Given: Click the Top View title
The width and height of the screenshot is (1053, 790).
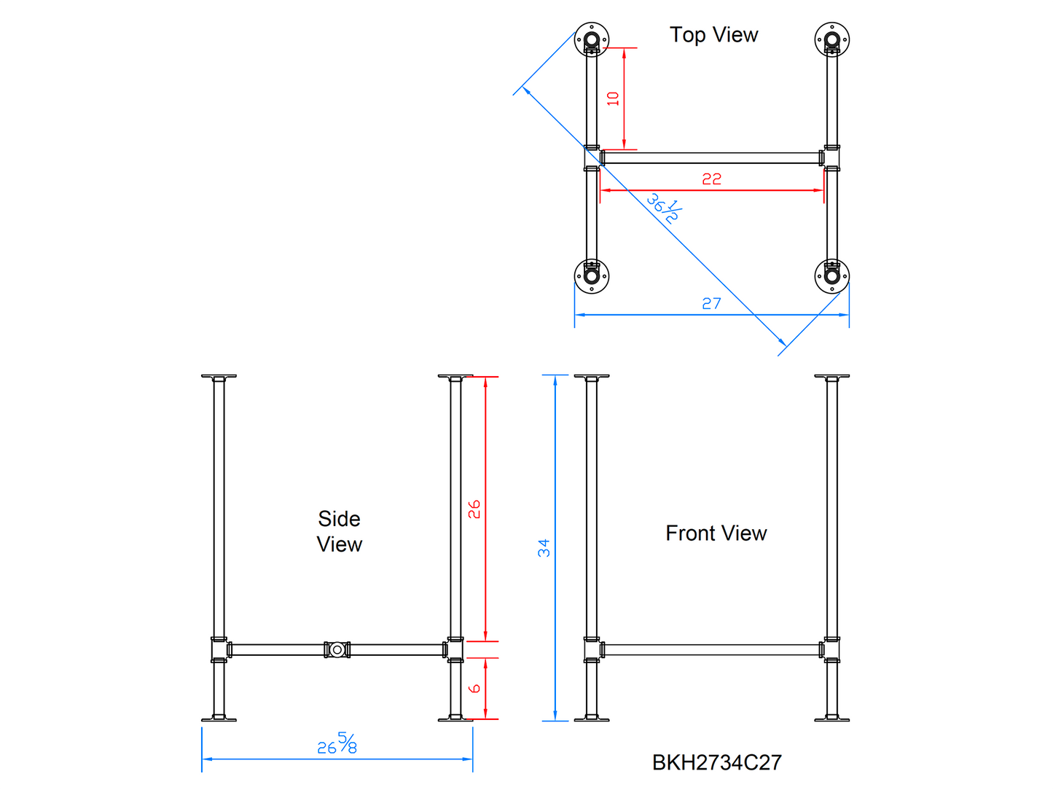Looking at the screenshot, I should pos(713,35).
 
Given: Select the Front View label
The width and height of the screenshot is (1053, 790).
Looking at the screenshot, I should pos(716,533).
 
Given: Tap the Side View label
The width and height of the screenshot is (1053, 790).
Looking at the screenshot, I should pos(340,531).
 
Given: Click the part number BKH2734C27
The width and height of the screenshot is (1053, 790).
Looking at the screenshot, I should pos(716,762).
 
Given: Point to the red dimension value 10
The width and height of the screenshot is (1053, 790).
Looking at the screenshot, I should pos(613,98).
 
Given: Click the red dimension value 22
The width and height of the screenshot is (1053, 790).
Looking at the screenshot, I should pos(711,179).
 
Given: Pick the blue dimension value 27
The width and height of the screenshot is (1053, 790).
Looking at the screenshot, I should pos(711,303).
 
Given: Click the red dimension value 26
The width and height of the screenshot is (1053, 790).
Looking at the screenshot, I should pos(474,509).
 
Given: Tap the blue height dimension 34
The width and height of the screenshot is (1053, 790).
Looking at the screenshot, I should pos(544,548).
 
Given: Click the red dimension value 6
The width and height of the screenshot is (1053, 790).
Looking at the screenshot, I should pos(474,688).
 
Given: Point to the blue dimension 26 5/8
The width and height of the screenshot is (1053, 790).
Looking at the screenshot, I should pos(337,744).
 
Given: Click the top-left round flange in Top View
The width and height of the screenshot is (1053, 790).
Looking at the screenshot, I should pos(592,39).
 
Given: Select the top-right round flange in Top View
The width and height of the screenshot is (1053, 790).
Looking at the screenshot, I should pos(831,39).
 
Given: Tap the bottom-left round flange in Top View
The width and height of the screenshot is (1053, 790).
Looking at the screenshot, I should pos(592,276).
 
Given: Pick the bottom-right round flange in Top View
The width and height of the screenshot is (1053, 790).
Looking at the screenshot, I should pos(831,276).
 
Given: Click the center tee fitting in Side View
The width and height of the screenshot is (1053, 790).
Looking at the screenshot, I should pos(337,649).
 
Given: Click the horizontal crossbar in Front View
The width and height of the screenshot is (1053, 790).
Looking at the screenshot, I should pos(711,649).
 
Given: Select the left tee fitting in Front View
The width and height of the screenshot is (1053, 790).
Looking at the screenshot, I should pos(592,649).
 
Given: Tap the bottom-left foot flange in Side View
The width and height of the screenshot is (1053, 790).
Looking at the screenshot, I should pos(219,719).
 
